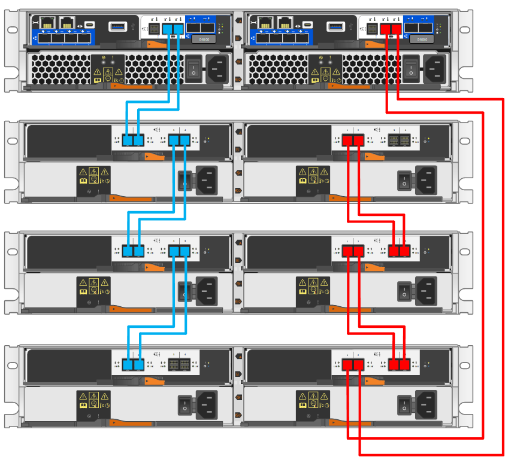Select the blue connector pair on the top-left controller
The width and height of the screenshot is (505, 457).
pyautogui.click(x=172, y=29)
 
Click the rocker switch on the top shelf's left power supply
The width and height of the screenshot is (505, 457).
pyautogui.click(x=193, y=68)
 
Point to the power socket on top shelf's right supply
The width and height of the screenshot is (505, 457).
pyautogui.click(x=435, y=68)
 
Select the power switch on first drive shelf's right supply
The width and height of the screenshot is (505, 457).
pyautogui.click(x=404, y=179)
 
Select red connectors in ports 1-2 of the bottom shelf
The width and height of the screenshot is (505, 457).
pyautogui.click(x=353, y=364)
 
